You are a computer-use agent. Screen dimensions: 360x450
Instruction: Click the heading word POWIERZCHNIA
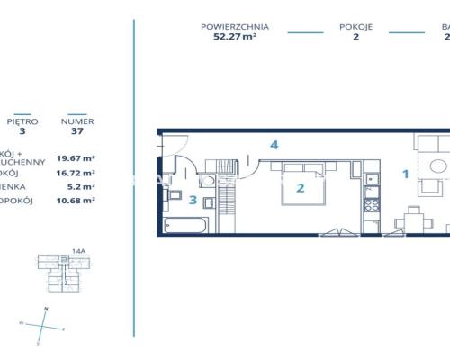[235, 27]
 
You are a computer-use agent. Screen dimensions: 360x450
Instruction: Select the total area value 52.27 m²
[235, 38]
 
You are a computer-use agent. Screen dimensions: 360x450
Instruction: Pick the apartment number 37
[76, 131]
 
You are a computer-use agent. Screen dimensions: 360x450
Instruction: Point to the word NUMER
[76, 121]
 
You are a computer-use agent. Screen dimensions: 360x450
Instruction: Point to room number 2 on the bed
[301, 188]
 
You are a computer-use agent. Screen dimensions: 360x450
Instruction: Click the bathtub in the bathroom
[190, 223]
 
